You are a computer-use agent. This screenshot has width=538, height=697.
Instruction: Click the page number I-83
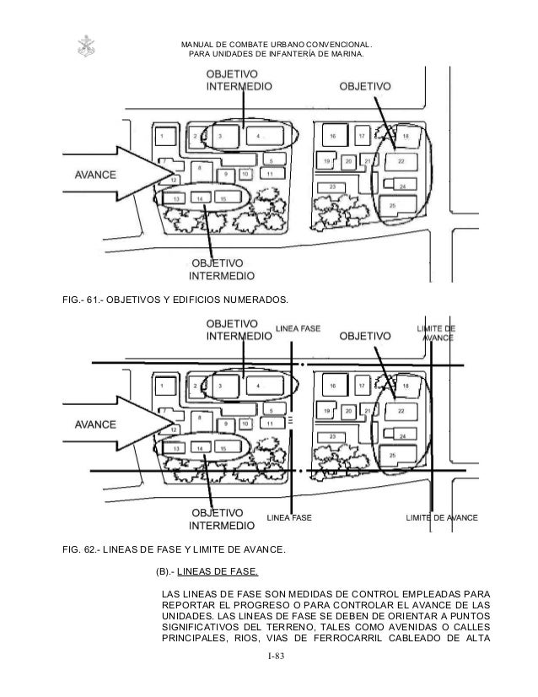(x=269, y=657)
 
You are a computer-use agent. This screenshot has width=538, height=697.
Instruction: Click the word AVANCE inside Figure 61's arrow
(x=95, y=176)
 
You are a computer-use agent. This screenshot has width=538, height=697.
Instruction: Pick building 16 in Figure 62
(x=333, y=386)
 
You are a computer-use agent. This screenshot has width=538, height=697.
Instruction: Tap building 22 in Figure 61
(x=401, y=160)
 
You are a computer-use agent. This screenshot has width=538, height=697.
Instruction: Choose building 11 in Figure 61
(x=269, y=173)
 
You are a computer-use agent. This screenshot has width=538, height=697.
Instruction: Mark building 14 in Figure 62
(x=200, y=447)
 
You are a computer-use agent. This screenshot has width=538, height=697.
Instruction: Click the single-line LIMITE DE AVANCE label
(x=442, y=516)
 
